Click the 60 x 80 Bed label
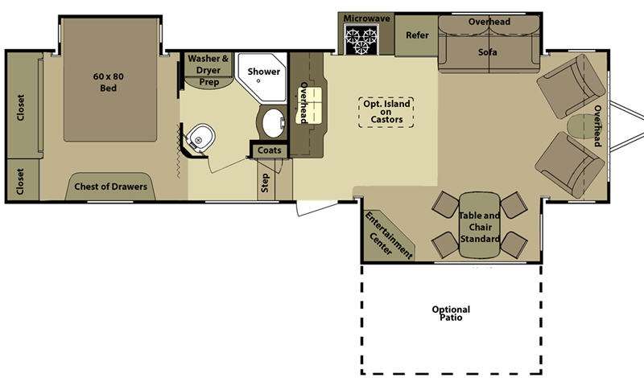coord(108,82)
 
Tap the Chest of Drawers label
coord(110,187)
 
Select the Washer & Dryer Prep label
coord(208,70)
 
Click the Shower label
coord(264,72)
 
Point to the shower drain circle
coord(258,81)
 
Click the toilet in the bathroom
coord(200,139)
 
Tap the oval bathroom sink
coord(273,123)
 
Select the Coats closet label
coord(270,150)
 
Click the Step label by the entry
coord(265,183)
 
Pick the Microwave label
coord(367,18)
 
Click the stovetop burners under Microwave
coord(361,39)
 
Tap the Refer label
coord(417,35)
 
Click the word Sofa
coord(488,52)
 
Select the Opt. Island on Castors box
coord(386,112)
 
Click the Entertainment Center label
coord(387,236)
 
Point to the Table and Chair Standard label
coord(479,227)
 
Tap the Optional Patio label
coord(451,314)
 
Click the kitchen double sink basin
coord(309,105)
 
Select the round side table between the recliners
coord(579,126)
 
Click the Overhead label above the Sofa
coord(489,22)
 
